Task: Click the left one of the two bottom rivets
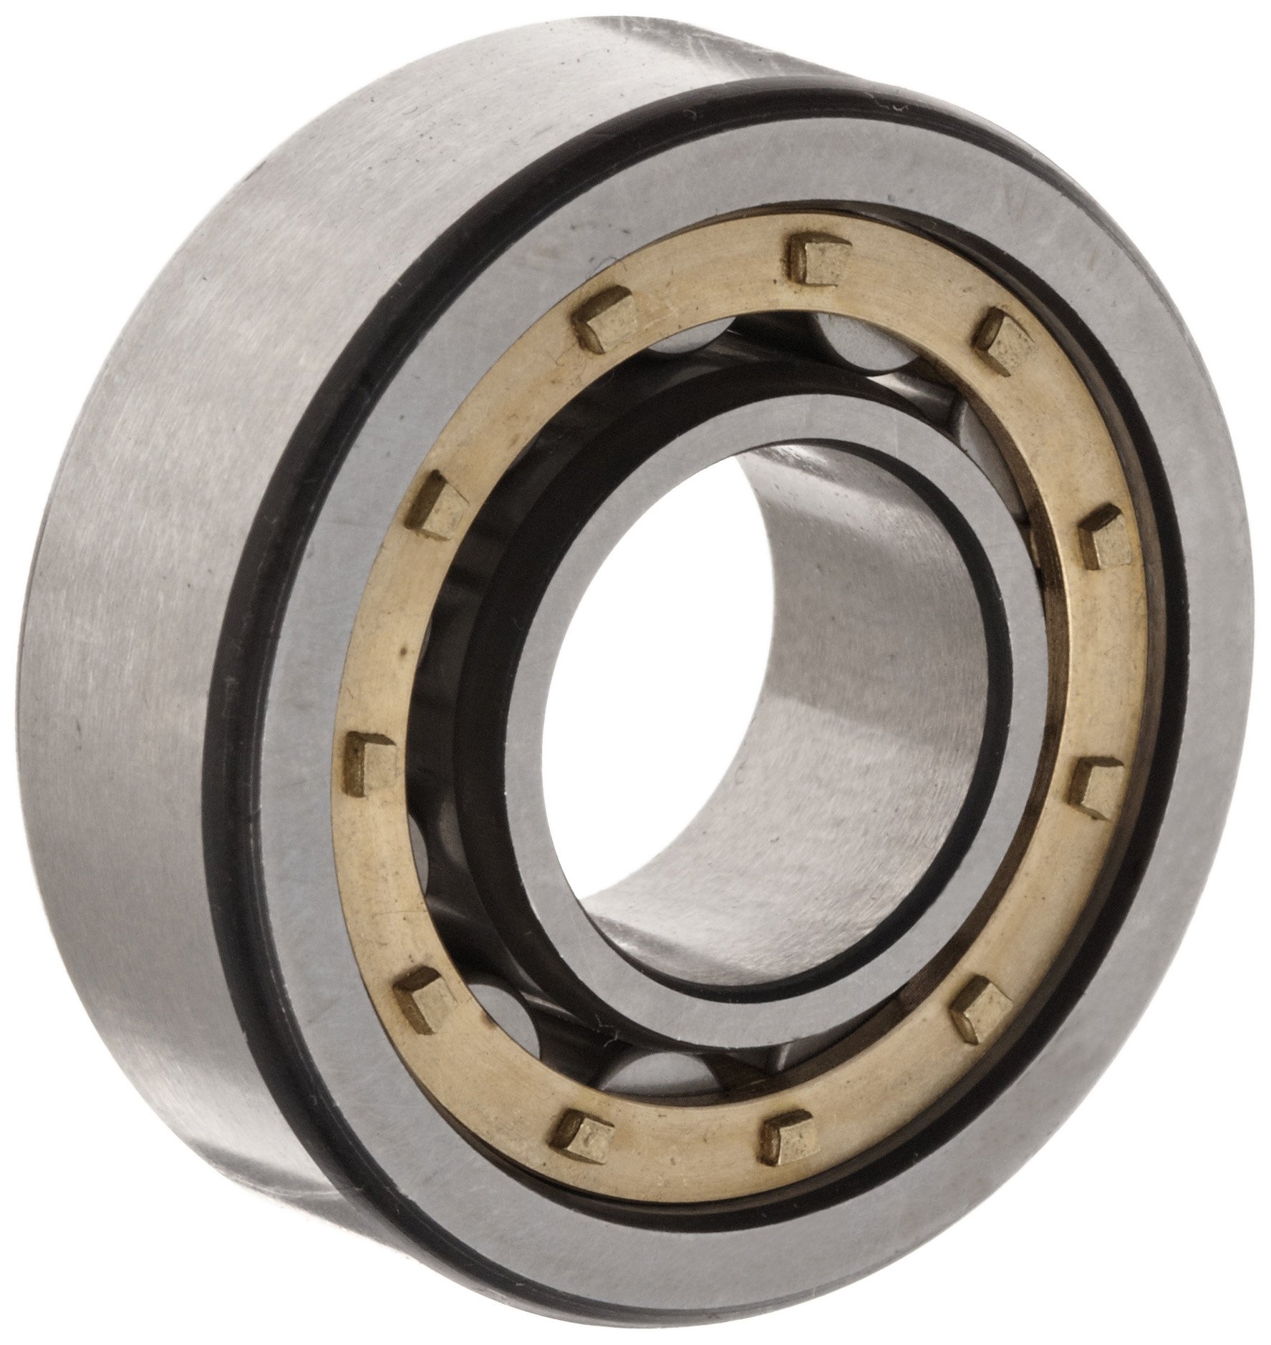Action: coord(581,1132)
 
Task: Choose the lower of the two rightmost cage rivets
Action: coord(1096,787)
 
